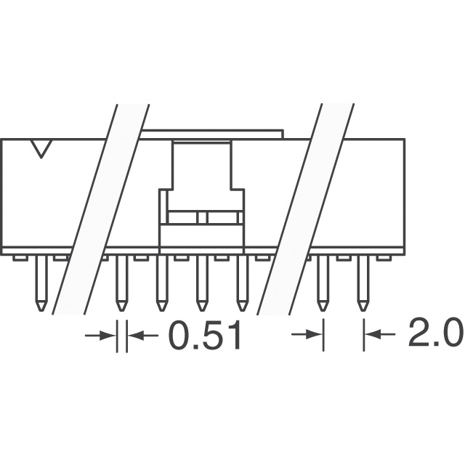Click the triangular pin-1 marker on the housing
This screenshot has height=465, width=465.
42,150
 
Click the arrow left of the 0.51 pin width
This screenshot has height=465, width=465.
102,335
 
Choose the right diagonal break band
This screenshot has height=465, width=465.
305,211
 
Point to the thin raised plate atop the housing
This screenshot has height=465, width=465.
211,134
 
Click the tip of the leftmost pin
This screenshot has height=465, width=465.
41,309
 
